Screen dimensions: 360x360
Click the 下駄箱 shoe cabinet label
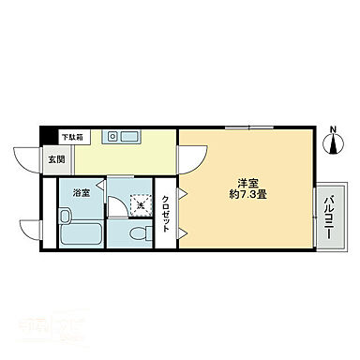(71, 136)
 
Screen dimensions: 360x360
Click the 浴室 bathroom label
(82, 193)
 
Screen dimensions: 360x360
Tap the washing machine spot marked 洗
(139, 202)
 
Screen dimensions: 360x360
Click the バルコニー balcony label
(330, 216)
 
